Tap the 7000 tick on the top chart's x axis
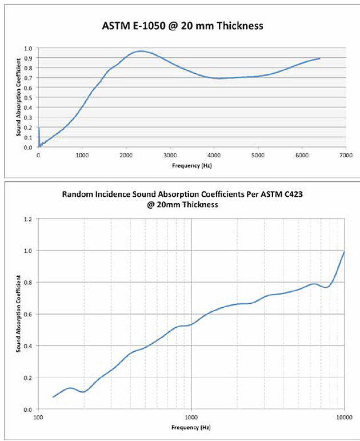[345, 155]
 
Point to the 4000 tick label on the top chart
[214, 155]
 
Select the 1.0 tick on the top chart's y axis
[29, 47]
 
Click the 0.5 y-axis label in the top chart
[29, 97]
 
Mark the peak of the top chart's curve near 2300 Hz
[139, 51]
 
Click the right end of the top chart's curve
[319, 58]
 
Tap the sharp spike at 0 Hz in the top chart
[39, 129]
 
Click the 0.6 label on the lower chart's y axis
[29, 314]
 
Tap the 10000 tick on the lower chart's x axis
[343, 417]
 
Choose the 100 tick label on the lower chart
[38, 417]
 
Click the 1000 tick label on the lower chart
[191, 417]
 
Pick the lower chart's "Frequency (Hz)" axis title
[191, 427]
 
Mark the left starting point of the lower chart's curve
[53, 397]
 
